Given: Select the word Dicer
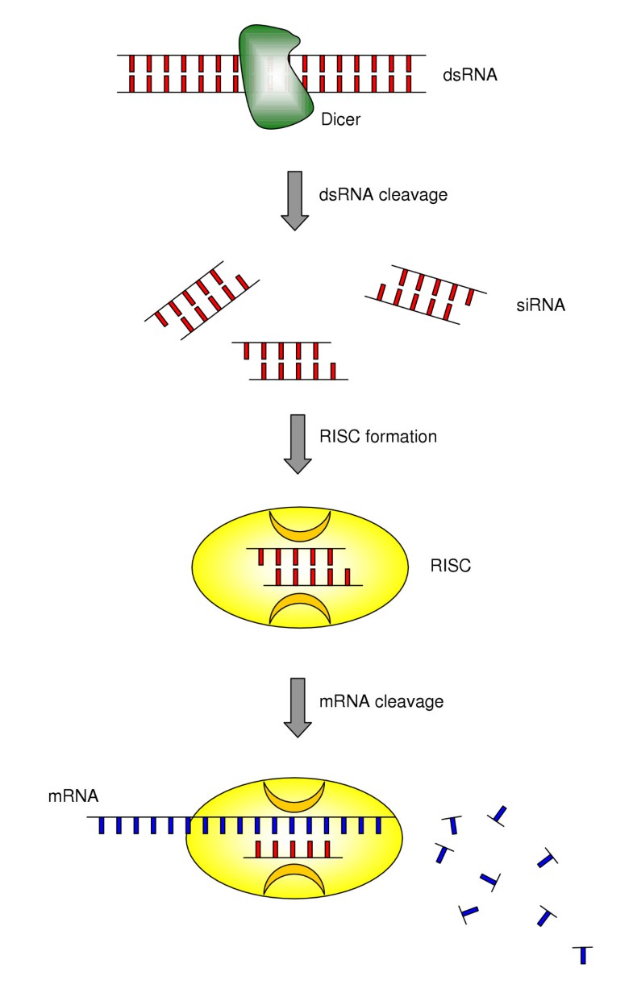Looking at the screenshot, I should click(x=339, y=119).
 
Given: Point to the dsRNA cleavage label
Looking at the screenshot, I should click(x=374, y=194).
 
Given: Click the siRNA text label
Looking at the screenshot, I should click(x=540, y=305).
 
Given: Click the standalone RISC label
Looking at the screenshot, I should click(x=451, y=565).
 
